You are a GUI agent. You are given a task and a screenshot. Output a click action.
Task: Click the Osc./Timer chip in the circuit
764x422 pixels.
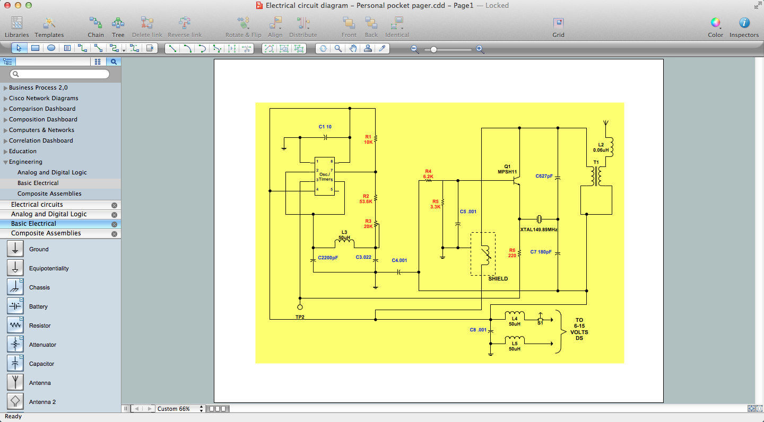coord(324,176)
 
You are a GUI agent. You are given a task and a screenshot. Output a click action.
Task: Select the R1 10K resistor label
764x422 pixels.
coord(368,139)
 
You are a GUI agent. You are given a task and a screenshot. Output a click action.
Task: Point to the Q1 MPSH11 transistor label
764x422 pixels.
coord(507,169)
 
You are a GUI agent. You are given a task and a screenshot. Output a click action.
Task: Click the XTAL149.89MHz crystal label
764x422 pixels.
coord(539,230)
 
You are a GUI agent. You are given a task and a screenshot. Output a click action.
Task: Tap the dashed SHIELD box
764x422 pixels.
coord(483,253)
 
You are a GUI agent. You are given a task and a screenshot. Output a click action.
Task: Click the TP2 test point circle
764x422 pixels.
coord(300,307)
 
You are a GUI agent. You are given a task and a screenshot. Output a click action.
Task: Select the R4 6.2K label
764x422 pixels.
coord(428,174)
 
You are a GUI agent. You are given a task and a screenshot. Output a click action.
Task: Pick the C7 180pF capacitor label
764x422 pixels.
coord(541,252)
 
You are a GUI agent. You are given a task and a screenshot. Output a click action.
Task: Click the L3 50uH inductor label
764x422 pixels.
coord(344,235)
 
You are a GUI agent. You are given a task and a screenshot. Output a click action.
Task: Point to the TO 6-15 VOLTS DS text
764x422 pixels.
coord(579,329)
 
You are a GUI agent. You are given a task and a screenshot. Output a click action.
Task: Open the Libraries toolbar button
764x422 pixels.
coord(17,27)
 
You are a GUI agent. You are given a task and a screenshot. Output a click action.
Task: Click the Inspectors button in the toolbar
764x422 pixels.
coord(744,27)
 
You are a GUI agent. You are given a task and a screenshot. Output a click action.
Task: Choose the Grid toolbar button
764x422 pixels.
coord(558,27)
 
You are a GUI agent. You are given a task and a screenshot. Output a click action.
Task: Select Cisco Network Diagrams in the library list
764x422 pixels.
coord(44,98)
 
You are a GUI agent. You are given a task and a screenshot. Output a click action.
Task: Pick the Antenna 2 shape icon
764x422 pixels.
coord(15,402)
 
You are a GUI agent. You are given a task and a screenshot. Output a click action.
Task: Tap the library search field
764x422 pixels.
coord(60,74)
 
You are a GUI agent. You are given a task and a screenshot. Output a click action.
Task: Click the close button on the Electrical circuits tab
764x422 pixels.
coord(114,205)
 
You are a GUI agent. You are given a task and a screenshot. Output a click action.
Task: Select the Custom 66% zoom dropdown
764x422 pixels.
coord(180,409)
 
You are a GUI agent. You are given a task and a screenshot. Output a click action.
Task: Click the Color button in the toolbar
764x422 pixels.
coord(715,27)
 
